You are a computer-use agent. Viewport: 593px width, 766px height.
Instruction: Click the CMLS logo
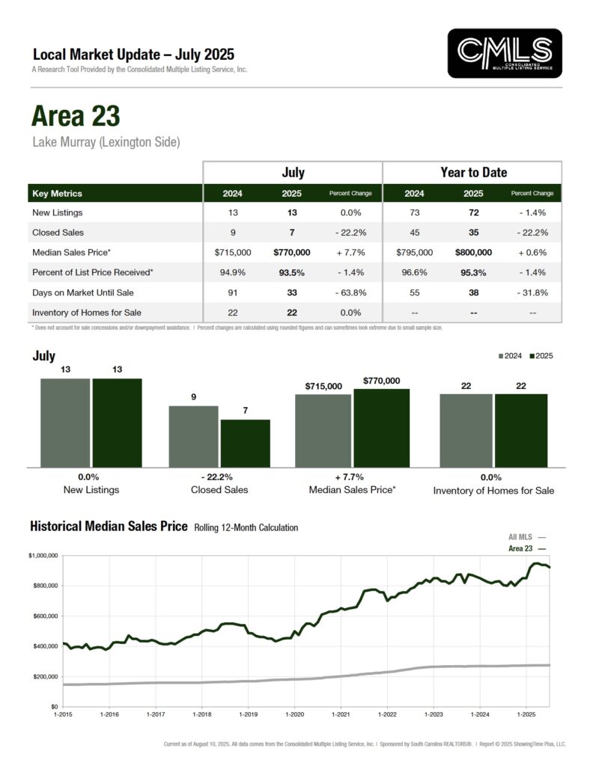[504, 53]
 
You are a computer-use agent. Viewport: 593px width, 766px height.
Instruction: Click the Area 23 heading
[75, 116]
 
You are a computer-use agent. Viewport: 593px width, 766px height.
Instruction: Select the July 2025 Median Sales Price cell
[293, 253]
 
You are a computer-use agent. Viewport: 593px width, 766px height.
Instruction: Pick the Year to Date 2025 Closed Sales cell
[473, 233]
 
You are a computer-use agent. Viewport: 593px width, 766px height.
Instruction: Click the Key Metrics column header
[57, 193]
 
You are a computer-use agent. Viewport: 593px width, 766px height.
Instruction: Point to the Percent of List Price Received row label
[94, 273]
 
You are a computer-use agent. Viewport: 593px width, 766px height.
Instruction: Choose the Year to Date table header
[473, 172]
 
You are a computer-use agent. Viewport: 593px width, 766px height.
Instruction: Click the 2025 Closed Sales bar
[245, 443]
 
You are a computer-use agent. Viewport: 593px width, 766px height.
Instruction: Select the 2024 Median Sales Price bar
[323, 430]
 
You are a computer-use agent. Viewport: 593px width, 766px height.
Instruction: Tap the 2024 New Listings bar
[65, 422]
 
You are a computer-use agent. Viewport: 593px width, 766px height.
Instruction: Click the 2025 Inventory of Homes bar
[520, 430]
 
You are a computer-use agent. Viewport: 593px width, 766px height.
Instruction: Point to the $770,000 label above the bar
[381, 381]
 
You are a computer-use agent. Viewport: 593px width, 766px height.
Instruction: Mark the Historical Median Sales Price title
[109, 527]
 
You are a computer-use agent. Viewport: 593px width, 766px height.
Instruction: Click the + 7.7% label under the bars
[352, 477]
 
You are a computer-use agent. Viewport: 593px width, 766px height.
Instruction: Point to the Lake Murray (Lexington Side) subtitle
[106, 141]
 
